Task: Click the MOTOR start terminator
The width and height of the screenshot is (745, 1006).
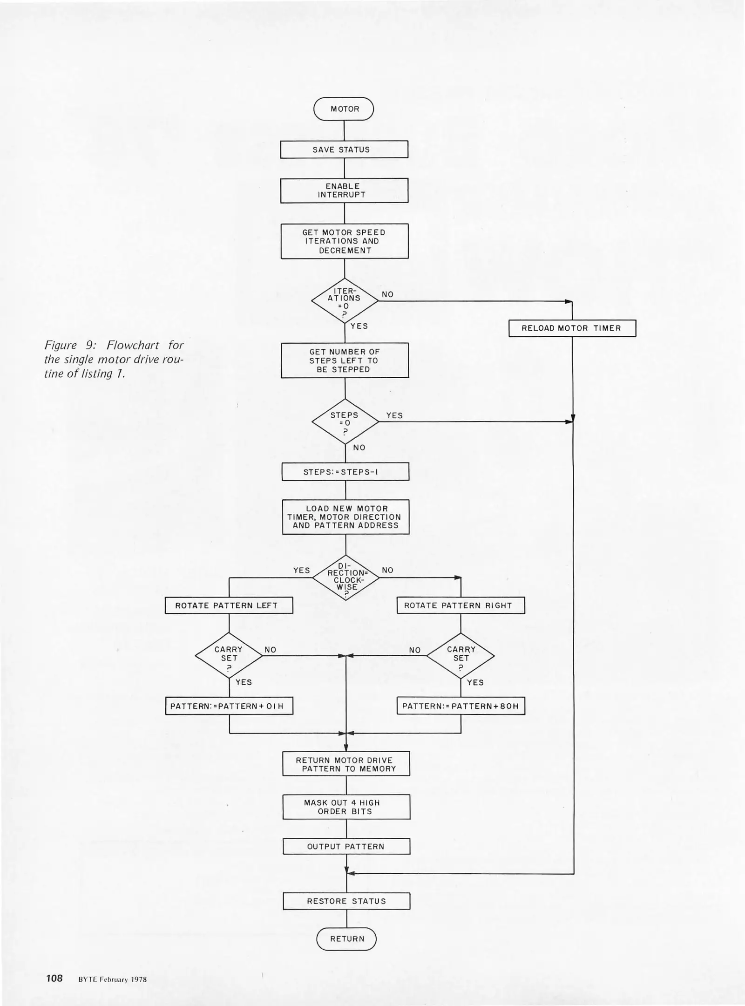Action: [x=344, y=109]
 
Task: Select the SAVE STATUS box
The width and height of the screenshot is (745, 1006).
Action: [x=344, y=150]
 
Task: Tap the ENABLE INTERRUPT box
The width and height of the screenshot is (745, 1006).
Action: [x=344, y=190]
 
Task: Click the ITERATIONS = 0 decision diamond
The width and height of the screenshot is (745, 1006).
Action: [x=345, y=301]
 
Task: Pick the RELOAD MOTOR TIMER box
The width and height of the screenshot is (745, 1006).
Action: [x=572, y=328]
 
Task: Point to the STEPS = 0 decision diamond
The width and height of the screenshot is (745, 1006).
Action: [x=345, y=421]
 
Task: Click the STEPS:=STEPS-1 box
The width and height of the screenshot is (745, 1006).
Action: [x=345, y=472]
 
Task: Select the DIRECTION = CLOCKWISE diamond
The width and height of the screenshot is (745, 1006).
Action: [x=345, y=578]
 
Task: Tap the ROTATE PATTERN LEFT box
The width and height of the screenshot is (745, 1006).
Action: [x=229, y=605]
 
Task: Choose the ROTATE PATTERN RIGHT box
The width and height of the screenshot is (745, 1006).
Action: [x=461, y=605]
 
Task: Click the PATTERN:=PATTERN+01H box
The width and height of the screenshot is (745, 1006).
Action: [x=229, y=706]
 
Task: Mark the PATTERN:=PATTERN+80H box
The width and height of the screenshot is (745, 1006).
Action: [x=461, y=706]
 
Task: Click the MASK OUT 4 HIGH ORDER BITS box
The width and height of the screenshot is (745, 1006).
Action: [x=346, y=807]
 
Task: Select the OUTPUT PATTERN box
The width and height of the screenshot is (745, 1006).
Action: [x=346, y=847]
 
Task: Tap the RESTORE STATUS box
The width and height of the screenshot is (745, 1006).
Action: [x=346, y=901]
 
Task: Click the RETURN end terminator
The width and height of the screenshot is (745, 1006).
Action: [x=346, y=939]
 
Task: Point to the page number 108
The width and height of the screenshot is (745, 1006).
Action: [x=54, y=978]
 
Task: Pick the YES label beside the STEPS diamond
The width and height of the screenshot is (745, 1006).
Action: [x=394, y=415]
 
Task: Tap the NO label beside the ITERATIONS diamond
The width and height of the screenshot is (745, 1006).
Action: [x=387, y=294]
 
